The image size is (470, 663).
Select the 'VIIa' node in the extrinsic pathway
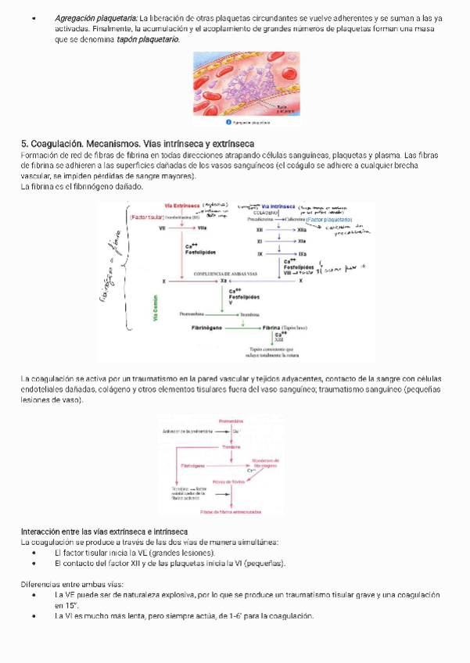pyautogui.click(x=202, y=228)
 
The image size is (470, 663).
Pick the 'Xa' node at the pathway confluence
pyautogui.click(x=224, y=281)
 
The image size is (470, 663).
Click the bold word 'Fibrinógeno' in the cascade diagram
pyautogui.click(x=207, y=326)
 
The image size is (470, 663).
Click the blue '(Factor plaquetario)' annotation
pyautogui.click(x=329, y=220)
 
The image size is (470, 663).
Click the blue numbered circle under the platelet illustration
pyautogui.click(x=228, y=123)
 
